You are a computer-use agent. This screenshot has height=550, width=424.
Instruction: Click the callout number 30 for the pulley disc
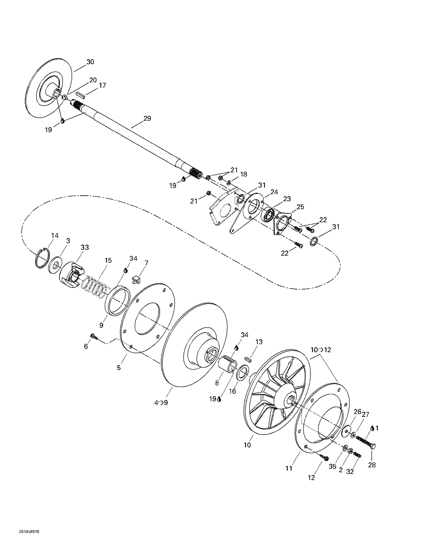90,62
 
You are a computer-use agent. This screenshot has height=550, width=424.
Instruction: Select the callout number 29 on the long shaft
147,118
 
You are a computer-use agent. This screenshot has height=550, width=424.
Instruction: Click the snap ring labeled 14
42,258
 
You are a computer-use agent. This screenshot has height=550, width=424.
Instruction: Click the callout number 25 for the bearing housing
300,207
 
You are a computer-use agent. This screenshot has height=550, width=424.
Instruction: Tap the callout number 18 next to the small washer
243,174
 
